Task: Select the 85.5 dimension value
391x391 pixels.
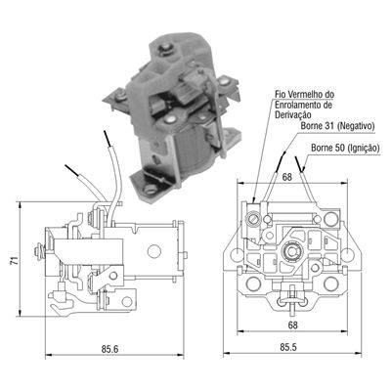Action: (289, 346)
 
